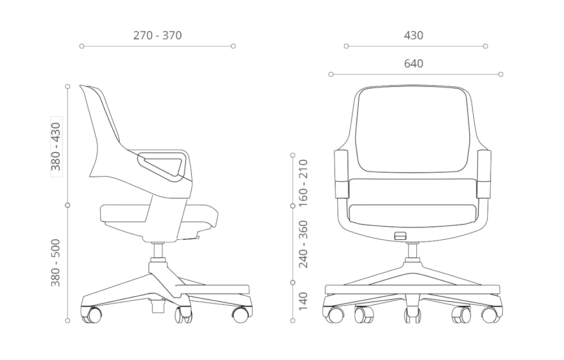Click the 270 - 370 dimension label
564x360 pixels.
(x=157, y=36)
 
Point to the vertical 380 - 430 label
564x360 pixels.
(x=56, y=147)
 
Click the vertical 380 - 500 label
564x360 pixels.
(x=56, y=262)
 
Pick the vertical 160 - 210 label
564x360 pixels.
(x=303, y=183)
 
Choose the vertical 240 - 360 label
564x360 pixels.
(x=303, y=243)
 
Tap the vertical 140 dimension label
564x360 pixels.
(x=303, y=301)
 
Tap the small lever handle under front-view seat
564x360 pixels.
(x=400, y=235)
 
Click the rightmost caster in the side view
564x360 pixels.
(x=240, y=314)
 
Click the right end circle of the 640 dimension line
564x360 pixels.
(x=501, y=74)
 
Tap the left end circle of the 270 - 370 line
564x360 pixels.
(x=82, y=46)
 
